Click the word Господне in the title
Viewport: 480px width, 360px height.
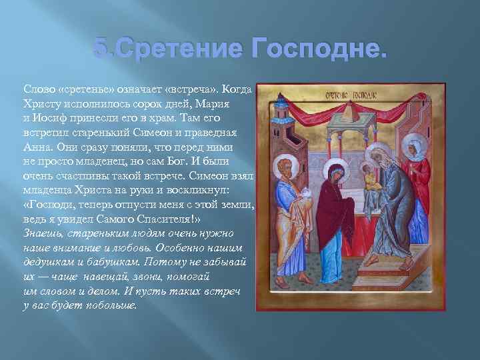click(x=320, y=49)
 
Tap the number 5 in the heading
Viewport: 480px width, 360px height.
click(x=101, y=49)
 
